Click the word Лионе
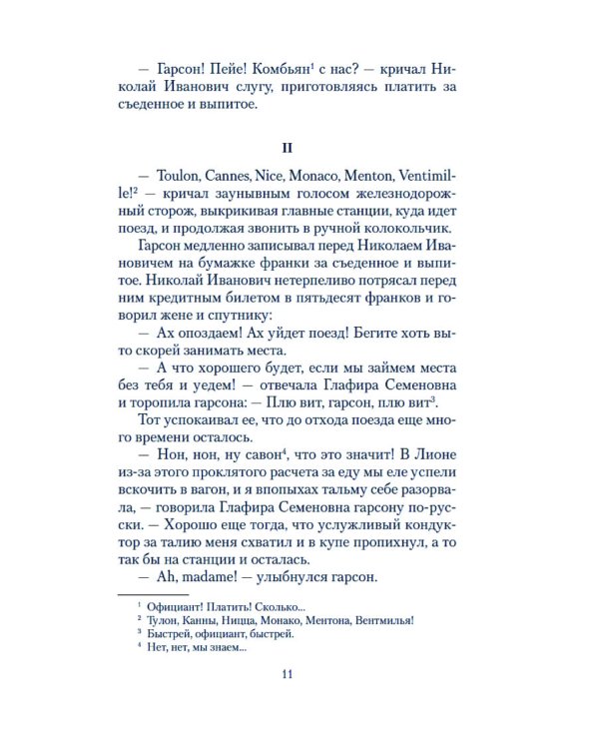445,455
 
